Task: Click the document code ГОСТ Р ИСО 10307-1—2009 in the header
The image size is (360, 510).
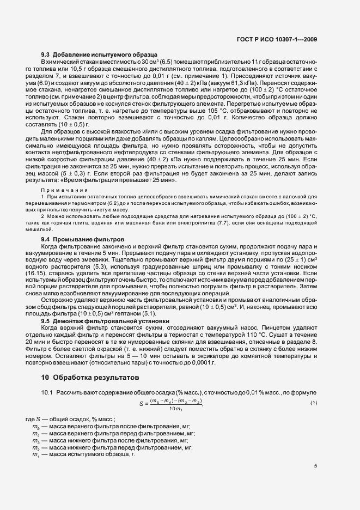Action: [x=279, y=39]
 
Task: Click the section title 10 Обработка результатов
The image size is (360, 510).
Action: [x=90, y=377]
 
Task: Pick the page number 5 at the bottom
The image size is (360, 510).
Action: [x=315, y=466]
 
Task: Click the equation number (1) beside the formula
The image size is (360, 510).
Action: [x=314, y=403]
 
